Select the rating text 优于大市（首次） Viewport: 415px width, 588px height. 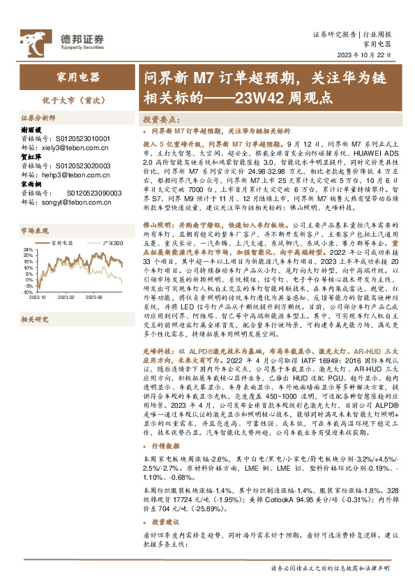click(x=70, y=100)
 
